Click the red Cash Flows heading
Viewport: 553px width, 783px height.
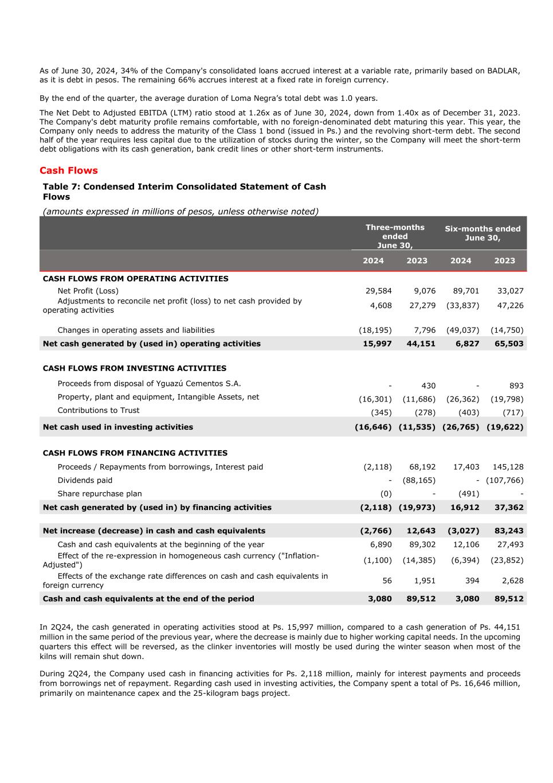tap(69, 170)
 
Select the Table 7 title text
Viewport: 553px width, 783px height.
tap(184, 191)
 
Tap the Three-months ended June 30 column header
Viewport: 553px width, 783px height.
tap(395, 236)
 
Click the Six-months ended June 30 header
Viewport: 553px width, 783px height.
tap(483, 233)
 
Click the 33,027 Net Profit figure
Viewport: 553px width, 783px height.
tap(510, 291)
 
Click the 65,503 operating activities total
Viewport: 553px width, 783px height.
tap(509, 344)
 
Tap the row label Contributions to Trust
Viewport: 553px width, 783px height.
tap(98, 410)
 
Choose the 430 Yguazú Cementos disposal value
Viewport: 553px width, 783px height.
tap(428, 386)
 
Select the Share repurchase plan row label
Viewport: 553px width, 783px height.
tap(99, 494)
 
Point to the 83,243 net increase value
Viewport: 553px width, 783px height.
tap(509, 531)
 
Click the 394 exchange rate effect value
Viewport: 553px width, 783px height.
tap(472, 581)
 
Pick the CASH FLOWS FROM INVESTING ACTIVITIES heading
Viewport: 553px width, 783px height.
tap(134, 368)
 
